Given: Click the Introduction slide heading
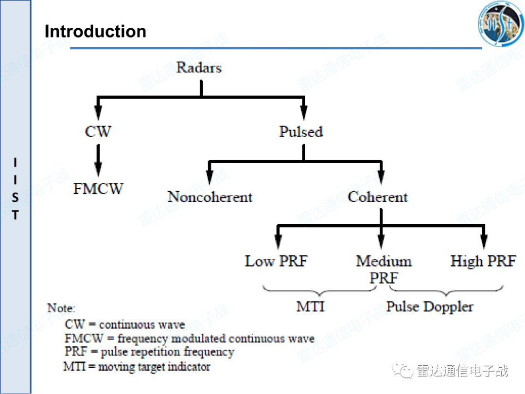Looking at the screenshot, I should tap(95, 32).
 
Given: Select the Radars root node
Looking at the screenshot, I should tap(199, 67).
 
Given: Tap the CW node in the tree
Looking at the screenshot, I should tap(98, 131).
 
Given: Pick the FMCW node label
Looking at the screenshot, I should tap(98, 189).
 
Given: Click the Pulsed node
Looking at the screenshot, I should tap(301, 131).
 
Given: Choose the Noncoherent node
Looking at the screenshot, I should tap(210, 197).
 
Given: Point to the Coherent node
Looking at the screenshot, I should tap(378, 197).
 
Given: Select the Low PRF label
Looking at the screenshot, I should tap(276, 261).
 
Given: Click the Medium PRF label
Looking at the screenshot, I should tap(384, 269).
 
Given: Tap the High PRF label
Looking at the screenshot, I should tap(483, 261).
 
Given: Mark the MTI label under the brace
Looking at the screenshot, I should tap(310, 307).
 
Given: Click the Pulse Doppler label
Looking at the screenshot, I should tap(429, 307).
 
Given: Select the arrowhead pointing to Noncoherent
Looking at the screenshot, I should tap(210, 178).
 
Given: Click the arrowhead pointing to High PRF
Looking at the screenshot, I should tap(483, 242).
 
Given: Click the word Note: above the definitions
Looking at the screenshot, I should tap(61, 308).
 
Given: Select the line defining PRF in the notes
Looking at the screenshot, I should tap(149, 352).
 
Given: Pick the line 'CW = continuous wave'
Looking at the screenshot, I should tap(124, 324).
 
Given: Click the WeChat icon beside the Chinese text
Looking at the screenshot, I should tap(403, 371).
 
